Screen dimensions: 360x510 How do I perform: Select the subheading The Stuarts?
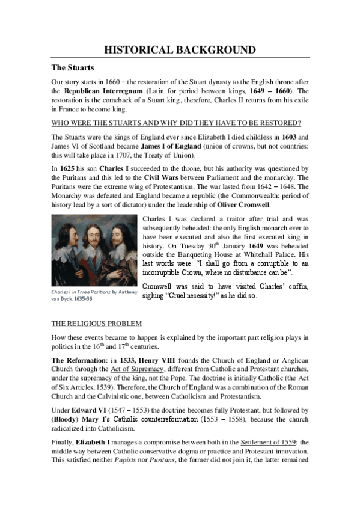pyautogui.click(x=72, y=67)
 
